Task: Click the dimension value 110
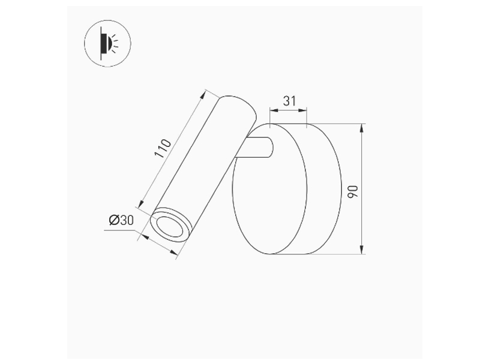coord(163,149)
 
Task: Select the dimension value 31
coord(289,101)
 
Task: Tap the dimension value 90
coord(353,191)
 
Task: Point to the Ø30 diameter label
coord(121,220)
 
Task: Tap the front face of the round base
coord(269,188)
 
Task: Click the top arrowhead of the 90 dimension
coord(362,127)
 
